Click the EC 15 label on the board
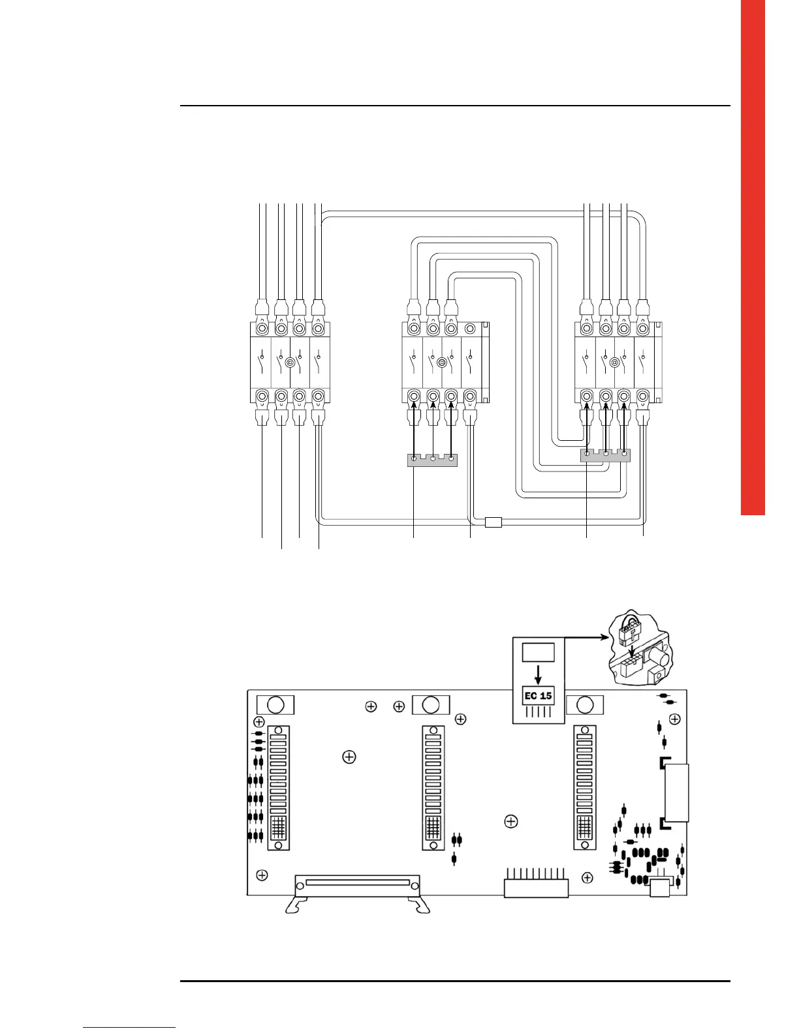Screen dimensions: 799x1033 coord(538,695)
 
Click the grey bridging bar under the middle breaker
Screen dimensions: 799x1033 coord(432,461)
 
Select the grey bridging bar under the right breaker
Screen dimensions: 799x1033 coord(606,455)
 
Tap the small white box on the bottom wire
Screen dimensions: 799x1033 coord(493,521)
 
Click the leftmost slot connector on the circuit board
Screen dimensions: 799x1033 coord(279,788)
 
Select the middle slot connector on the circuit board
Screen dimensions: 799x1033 coord(432,788)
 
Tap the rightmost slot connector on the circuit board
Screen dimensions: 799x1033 coord(586,788)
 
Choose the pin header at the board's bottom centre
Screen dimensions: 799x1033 coord(536,887)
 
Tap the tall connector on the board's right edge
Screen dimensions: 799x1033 coord(676,792)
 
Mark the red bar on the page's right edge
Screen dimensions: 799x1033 coord(753,258)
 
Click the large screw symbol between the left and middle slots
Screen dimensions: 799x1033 coord(349,756)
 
